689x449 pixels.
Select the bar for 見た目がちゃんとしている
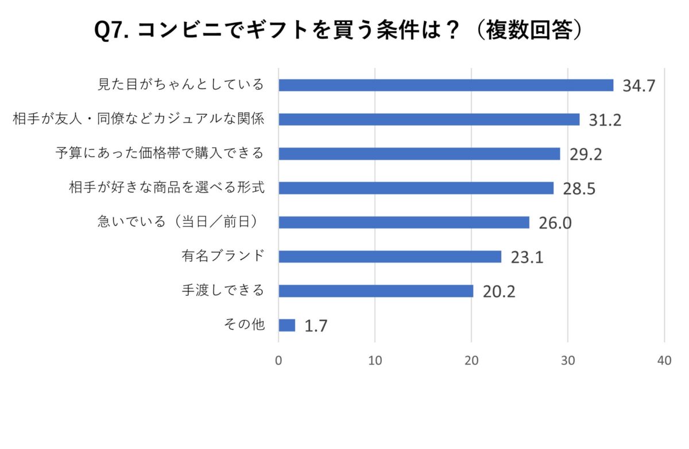(446, 85)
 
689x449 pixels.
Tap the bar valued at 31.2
(429, 119)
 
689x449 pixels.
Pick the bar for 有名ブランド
(390, 257)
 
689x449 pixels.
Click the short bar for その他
(287, 326)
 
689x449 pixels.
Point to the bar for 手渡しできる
(376, 291)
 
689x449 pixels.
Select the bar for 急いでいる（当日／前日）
(404, 222)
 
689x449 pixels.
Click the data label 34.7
(639, 86)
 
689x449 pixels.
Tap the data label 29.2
(586, 154)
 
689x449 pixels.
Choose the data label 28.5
(579, 189)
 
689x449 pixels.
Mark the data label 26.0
(555, 223)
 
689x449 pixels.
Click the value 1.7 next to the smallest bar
(316, 327)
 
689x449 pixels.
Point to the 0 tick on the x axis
(278, 361)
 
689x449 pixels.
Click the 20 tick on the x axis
(471, 361)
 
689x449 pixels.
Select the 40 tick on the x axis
(664, 361)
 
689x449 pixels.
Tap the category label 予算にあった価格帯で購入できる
(160, 153)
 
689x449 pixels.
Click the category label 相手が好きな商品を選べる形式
(167, 188)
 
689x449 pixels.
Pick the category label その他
(244, 325)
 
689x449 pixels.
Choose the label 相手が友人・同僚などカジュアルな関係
(138, 119)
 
